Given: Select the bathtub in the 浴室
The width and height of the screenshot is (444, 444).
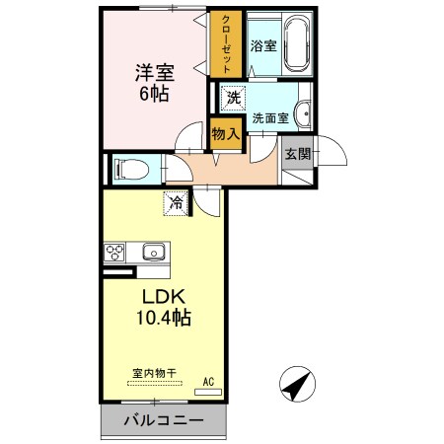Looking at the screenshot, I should click(296, 45).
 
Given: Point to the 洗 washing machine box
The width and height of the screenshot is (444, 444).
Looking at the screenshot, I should click(232, 98).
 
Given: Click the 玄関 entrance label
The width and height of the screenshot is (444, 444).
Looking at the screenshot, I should click(298, 153).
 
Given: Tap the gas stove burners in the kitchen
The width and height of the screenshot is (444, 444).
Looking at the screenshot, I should click(115, 252).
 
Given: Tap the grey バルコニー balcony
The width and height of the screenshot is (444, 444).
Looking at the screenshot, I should click(164, 421).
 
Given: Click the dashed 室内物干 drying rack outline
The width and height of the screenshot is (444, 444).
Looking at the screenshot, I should click(155, 383).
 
